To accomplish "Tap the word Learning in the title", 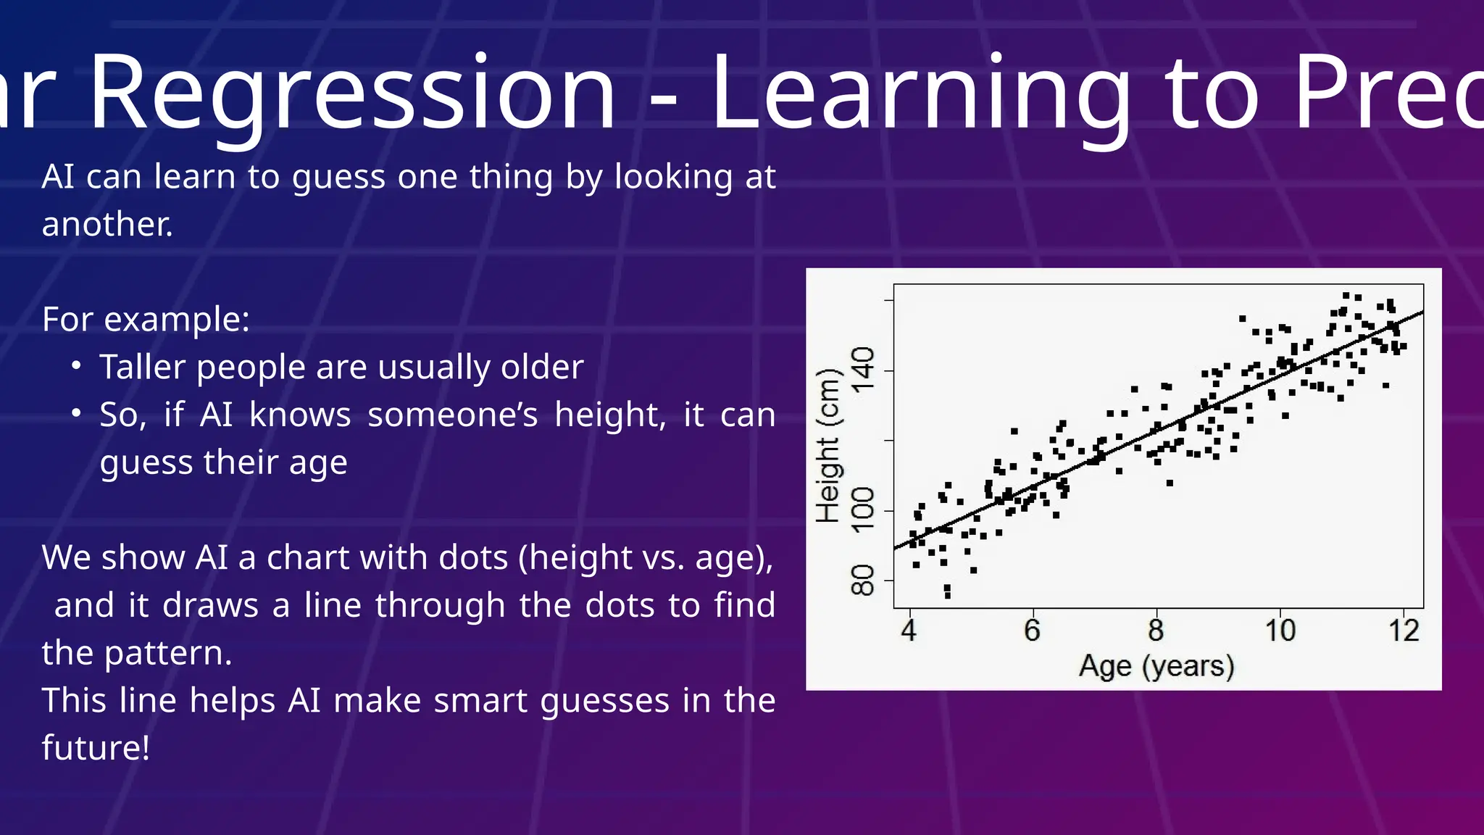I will point(920,94).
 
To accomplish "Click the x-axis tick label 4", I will point(909,631).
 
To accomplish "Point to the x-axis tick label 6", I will point(1032,631).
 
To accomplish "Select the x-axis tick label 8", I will point(1156,631).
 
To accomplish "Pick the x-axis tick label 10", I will point(1280,631).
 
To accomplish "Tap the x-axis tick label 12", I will point(1404,631).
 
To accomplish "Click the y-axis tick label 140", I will point(863,370).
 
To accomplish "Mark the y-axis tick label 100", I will point(863,510).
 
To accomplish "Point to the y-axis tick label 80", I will point(863,580).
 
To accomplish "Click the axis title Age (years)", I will point(1156,666).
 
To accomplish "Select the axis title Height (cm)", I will point(828,446).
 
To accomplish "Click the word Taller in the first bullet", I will point(143,367).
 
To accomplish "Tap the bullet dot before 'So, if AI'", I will point(76,413).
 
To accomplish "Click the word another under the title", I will point(107,225).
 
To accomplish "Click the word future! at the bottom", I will point(96,748).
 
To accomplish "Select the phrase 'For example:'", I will point(146,320).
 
